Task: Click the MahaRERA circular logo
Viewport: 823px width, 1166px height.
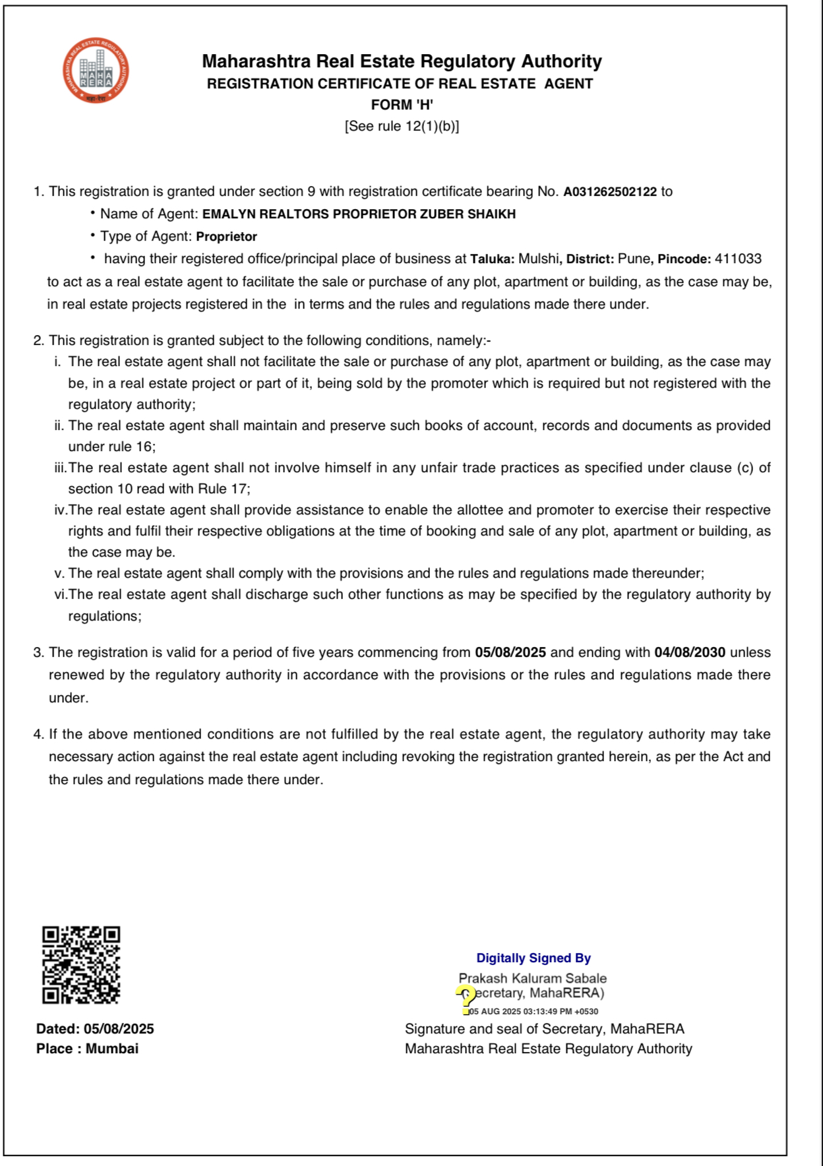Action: pos(96,71)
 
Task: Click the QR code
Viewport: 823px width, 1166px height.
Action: pos(81,965)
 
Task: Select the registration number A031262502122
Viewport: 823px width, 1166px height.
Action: pos(610,192)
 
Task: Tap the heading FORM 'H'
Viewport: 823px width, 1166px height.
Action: pos(402,105)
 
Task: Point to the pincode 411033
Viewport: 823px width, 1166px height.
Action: pos(738,259)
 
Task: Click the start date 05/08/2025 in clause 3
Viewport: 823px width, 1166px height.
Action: pos(510,653)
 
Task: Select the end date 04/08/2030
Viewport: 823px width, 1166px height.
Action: pos(690,653)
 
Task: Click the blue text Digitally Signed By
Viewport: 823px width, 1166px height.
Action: pos(533,958)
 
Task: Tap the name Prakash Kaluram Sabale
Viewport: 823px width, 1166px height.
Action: pos(533,979)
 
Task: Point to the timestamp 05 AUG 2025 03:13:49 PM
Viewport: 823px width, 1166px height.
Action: pos(533,1012)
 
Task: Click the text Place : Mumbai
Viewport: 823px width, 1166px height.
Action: pos(88,1049)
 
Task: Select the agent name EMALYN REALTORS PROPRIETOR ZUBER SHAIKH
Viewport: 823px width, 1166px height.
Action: pos(359,214)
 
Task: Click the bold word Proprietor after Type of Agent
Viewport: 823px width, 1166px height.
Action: pos(226,237)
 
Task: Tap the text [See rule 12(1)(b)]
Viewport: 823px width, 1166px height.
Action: pos(402,126)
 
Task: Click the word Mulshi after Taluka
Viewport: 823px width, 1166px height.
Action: pos(538,259)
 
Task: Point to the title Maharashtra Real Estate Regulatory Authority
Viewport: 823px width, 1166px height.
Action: pos(402,61)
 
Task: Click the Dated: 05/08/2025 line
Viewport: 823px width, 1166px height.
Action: pos(95,1029)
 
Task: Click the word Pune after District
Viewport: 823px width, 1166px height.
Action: pos(633,259)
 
